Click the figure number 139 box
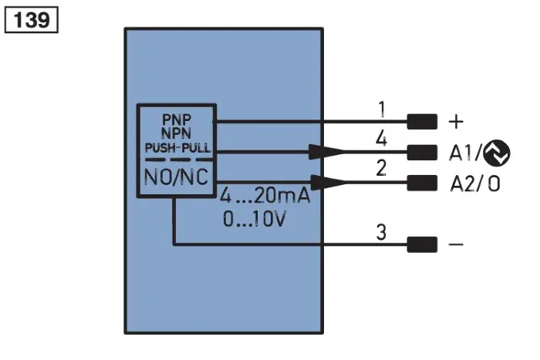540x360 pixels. click(32, 20)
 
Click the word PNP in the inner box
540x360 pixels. click(177, 119)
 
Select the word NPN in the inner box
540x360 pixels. click(177, 133)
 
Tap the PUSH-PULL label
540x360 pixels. click(177, 148)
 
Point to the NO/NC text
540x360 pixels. click(177, 177)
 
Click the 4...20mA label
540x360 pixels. click(265, 196)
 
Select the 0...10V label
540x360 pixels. click(254, 219)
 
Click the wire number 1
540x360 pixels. click(382, 109)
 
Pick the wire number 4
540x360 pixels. click(381, 139)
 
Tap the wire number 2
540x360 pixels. click(381, 168)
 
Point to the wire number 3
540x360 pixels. click(381, 232)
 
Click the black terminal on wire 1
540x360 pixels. click(422, 122)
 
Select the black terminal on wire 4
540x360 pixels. click(422, 153)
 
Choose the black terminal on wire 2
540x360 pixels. click(422, 183)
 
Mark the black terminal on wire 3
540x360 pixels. click(422, 244)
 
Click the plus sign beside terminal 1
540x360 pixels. click(457, 122)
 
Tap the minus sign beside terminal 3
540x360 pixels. click(457, 244)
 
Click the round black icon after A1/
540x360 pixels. click(497, 153)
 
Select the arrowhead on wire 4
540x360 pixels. click(326, 152)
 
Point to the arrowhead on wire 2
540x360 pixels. click(328, 183)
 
